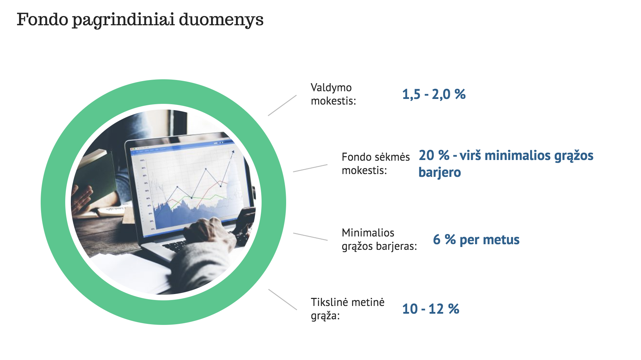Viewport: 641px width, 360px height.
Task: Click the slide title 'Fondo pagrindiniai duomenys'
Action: click(140, 20)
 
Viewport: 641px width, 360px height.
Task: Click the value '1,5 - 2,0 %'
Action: click(434, 94)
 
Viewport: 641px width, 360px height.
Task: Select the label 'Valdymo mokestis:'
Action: click(333, 94)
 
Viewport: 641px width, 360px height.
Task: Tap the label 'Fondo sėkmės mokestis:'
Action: click(376, 164)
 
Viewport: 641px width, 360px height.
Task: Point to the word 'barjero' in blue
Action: click(440, 172)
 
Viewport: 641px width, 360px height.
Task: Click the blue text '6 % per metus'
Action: click(476, 240)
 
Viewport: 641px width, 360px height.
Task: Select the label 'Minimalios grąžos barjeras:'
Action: click(379, 239)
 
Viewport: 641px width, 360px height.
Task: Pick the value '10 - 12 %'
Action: click(431, 309)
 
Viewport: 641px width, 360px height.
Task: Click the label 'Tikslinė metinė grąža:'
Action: click(348, 309)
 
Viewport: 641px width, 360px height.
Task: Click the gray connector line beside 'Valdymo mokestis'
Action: click(282, 105)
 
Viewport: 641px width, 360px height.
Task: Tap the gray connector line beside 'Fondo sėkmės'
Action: click(310, 168)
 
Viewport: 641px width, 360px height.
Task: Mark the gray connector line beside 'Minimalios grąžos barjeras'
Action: click(310, 236)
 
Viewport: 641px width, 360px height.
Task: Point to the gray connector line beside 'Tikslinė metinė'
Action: click(283, 299)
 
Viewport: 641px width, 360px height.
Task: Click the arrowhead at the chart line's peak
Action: click(232, 152)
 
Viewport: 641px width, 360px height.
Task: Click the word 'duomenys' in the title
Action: click(221, 20)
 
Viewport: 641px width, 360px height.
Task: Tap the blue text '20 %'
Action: click(434, 155)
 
